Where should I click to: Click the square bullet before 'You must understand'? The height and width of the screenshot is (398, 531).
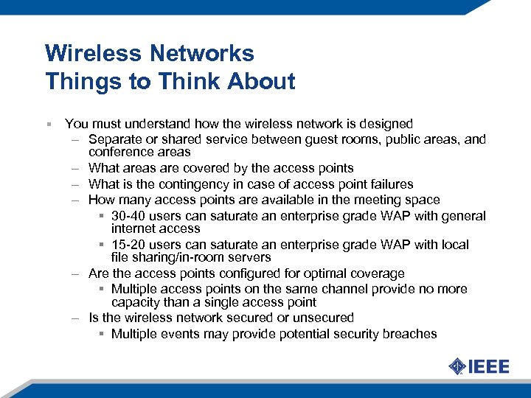(x=48, y=124)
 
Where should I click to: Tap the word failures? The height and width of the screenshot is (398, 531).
(x=388, y=184)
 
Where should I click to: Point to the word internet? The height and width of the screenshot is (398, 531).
(x=135, y=228)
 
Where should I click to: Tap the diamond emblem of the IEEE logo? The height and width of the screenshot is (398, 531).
(x=457, y=366)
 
